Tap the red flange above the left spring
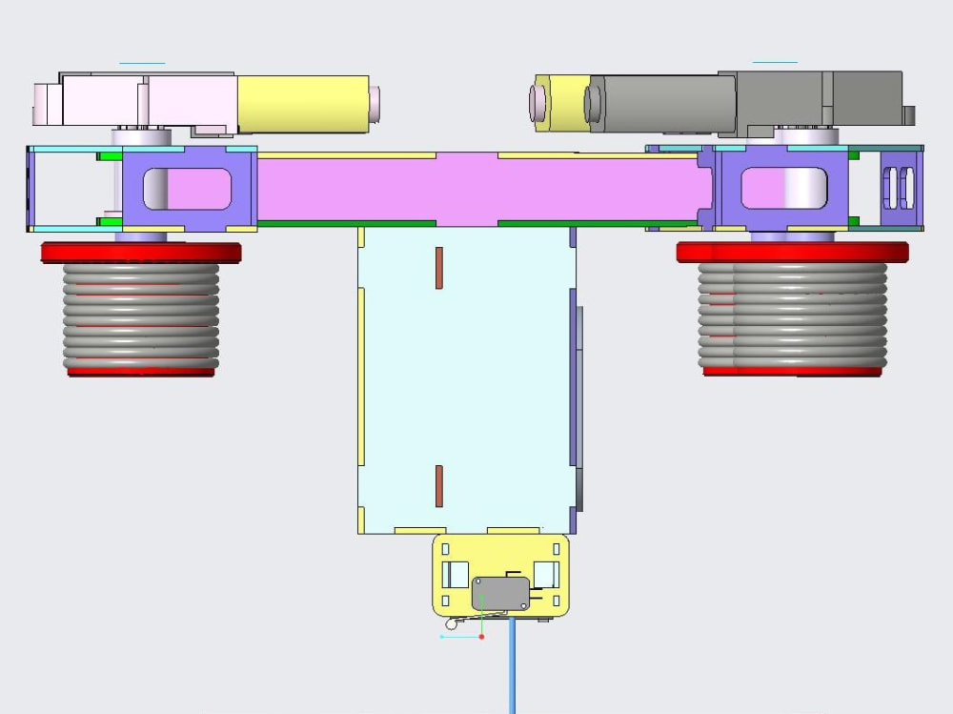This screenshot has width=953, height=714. click(x=141, y=253)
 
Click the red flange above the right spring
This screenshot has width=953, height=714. click(x=792, y=253)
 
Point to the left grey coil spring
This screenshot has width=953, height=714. click(x=141, y=315)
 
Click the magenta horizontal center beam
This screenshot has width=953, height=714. click(x=476, y=189)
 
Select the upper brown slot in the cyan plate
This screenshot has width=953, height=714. click(x=438, y=268)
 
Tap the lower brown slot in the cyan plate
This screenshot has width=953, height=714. click(x=438, y=486)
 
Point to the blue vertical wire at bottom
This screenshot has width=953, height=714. click(x=513, y=667)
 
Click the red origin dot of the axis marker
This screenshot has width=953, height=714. click(x=482, y=636)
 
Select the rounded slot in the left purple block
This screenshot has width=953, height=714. click(x=187, y=189)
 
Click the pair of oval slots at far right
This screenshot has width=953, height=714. click(x=901, y=188)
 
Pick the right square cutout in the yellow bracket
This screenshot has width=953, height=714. click(x=545, y=575)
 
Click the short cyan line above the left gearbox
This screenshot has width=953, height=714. click(x=142, y=64)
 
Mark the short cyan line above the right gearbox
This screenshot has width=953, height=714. click(x=775, y=63)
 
